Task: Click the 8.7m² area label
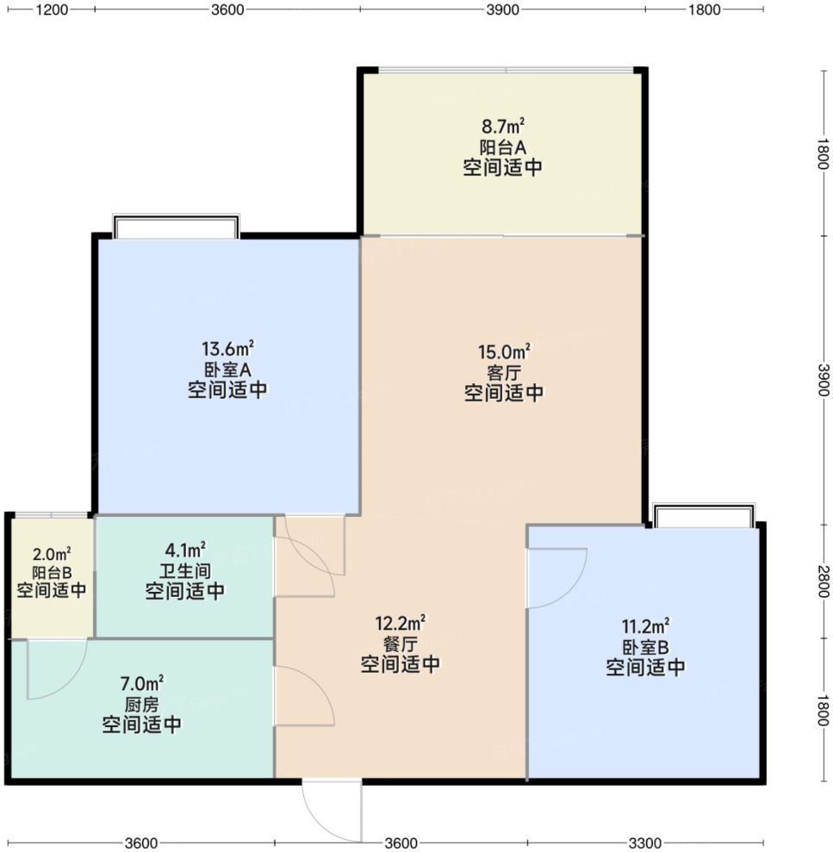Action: pyautogui.click(x=502, y=126)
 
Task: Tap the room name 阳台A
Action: pyautogui.click(x=502, y=146)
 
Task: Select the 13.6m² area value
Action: pyautogui.click(x=227, y=348)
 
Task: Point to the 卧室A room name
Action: pyautogui.click(x=227, y=370)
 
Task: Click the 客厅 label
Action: pyautogui.click(x=504, y=373)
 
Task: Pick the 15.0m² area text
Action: pyautogui.click(x=504, y=351)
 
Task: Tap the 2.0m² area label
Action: pyautogui.click(x=52, y=554)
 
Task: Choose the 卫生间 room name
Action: pyautogui.click(x=185, y=570)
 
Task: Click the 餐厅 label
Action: pyautogui.click(x=401, y=644)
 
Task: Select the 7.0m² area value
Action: pyautogui.click(x=142, y=683)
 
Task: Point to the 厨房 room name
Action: pyautogui.click(x=142, y=704)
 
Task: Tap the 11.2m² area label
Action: pyautogui.click(x=645, y=626)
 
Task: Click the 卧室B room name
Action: pyautogui.click(x=645, y=647)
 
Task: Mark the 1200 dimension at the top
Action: pyautogui.click(x=53, y=9)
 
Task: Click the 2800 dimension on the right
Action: pyautogui.click(x=823, y=581)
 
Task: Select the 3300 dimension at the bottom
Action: pyautogui.click(x=645, y=843)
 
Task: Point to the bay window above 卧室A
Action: pyautogui.click(x=176, y=226)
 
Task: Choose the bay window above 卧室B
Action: pyautogui.click(x=704, y=515)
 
